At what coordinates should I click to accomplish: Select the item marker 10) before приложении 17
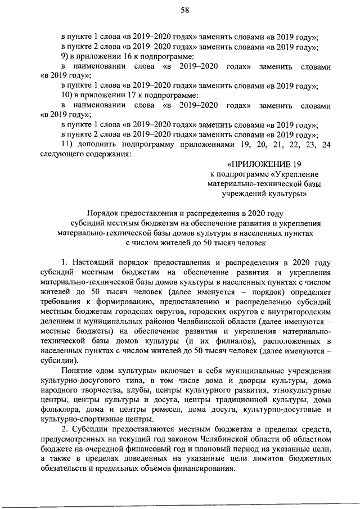coord(67,94)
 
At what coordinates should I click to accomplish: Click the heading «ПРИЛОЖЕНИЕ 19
coord(260,164)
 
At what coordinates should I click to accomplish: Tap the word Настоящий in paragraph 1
coord(97,262)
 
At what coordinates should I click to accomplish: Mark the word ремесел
coord(153,409)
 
